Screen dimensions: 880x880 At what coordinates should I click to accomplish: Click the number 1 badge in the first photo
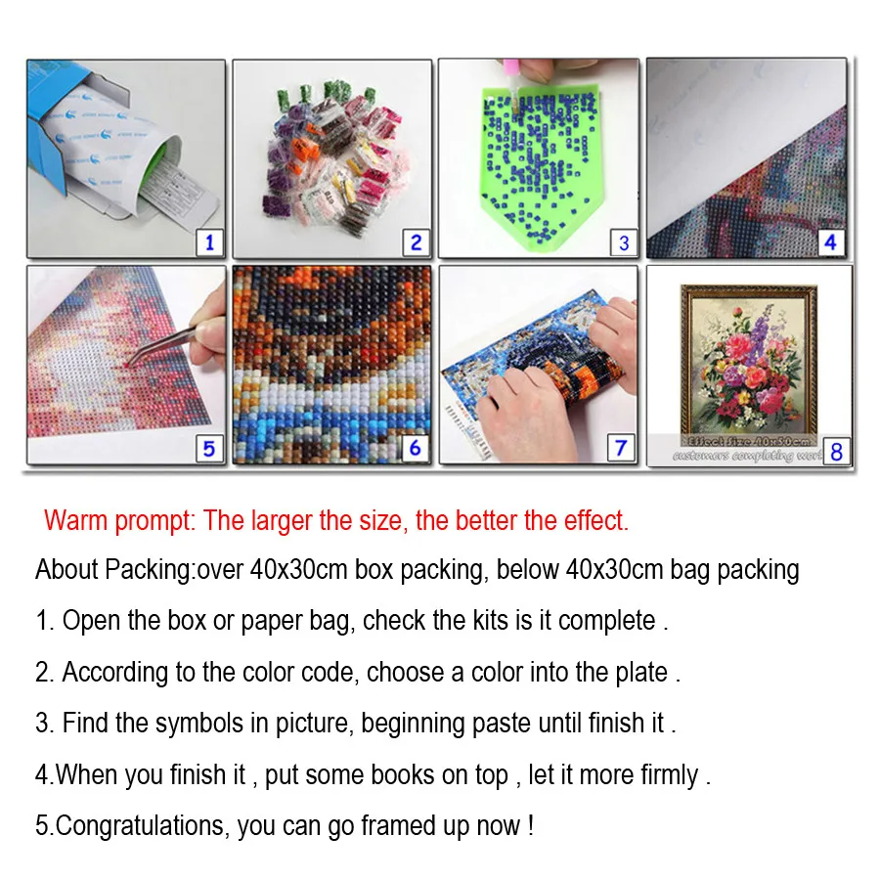pos(209,242)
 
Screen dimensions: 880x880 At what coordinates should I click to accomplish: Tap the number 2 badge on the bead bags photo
pos(416,242)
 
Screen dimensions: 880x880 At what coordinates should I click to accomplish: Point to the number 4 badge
pos(830,242)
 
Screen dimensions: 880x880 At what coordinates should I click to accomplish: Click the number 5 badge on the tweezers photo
pos(208,448)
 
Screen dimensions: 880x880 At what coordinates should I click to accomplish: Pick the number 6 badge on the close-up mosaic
pos(416,448)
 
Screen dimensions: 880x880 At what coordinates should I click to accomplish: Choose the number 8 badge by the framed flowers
pos(835,451)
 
